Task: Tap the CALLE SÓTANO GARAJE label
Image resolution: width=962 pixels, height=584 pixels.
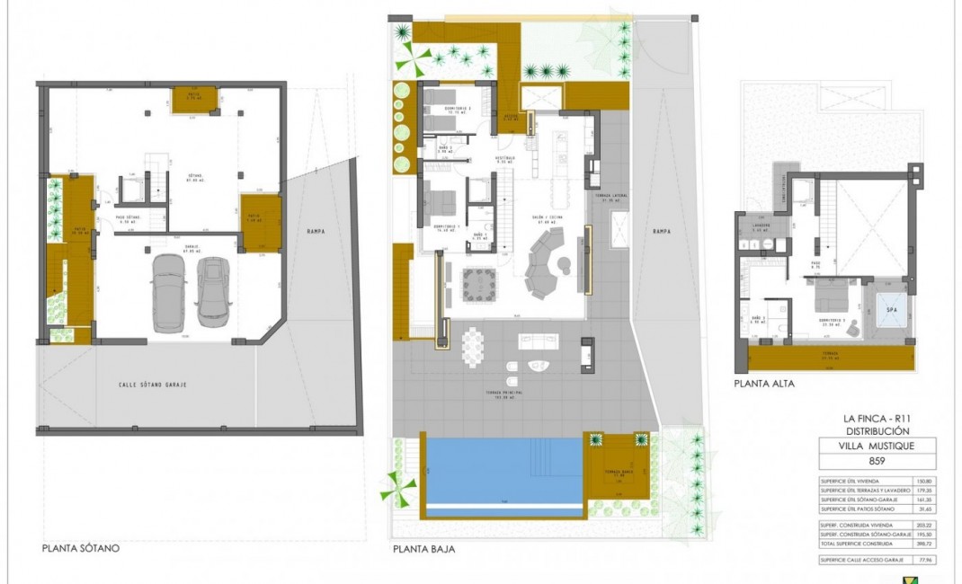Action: pos(157,385)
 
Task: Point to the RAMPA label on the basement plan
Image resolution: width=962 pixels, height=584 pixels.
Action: pos(315,231)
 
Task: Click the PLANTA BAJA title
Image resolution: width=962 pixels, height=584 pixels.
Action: pos(423,547)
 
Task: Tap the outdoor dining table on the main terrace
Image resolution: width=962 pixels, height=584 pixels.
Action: pos(472,346)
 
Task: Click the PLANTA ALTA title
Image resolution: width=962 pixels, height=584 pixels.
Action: pos(763,383)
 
